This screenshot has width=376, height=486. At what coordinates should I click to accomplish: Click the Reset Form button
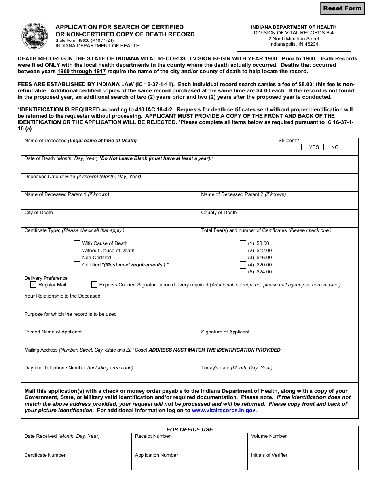tap(342, 8)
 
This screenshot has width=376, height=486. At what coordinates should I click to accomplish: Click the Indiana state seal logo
tap(36, 36)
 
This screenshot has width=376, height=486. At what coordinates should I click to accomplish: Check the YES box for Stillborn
tap(304, 147)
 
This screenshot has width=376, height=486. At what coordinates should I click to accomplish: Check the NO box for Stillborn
tap(326, 147)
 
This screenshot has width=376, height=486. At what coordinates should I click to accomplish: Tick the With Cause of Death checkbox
tap(77, 243)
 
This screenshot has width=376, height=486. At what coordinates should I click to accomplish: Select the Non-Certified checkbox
tap(77, 258)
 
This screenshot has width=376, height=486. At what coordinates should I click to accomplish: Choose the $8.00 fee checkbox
tap(243, 243)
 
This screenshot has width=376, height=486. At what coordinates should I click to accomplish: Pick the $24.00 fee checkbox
tap(243, 272)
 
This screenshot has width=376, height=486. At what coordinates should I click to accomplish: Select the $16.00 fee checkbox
tap(243, 258)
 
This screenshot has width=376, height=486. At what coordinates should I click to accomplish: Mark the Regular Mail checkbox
tap(34, 284)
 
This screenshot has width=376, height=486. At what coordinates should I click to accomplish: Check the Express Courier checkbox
tap(94, 284)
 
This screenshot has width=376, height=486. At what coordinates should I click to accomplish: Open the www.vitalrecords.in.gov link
tap(223, 411)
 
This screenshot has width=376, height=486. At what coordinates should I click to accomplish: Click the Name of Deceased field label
tap(46, 141)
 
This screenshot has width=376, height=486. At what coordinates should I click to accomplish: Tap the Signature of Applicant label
tap(225, 332)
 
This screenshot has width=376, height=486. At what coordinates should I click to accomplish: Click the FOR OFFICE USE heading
tap(190, 429)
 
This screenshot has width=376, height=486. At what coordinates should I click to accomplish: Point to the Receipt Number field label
tap(152, 436)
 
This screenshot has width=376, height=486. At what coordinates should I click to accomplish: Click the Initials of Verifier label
tap(269, 455)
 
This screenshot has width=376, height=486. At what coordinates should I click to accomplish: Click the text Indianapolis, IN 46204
tap(294, 44)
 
